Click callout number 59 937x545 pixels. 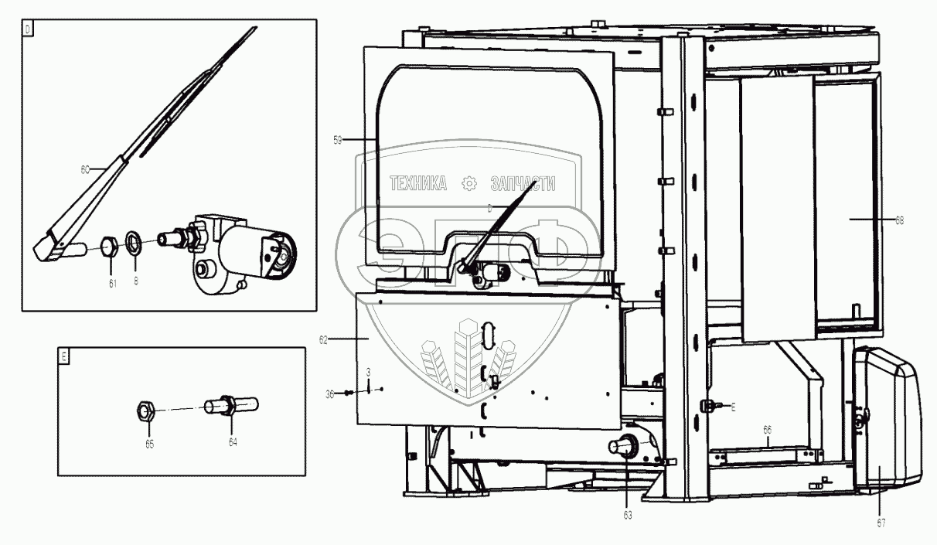pos(337,139)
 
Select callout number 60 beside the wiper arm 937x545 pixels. pos(86,168)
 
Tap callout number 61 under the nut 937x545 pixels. pos(112,284)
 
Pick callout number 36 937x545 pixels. pos(329,393)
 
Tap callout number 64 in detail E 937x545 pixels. pos(233,441)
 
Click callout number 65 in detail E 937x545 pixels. pos(149,444)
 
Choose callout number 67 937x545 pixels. pos(881,523)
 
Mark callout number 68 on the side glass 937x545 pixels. pos(899,220)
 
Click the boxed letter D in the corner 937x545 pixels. pos(28,29)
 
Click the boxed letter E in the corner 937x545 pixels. pos(64,356)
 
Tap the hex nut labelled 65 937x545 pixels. pos(145,410)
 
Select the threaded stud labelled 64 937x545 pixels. pos(230,406)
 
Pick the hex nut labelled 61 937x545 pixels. pos(111,247)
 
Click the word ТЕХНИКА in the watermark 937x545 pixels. pos(418,183)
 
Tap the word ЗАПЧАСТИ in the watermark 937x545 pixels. pos(523,183)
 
